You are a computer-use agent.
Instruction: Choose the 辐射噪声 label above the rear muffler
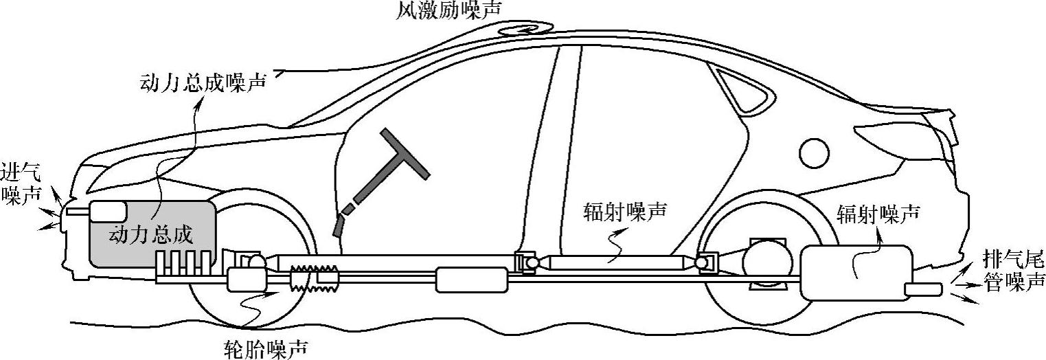878,214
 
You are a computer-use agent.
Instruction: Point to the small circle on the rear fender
815,151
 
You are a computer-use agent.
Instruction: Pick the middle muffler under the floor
472,279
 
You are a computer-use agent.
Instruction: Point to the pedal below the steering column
338,226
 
